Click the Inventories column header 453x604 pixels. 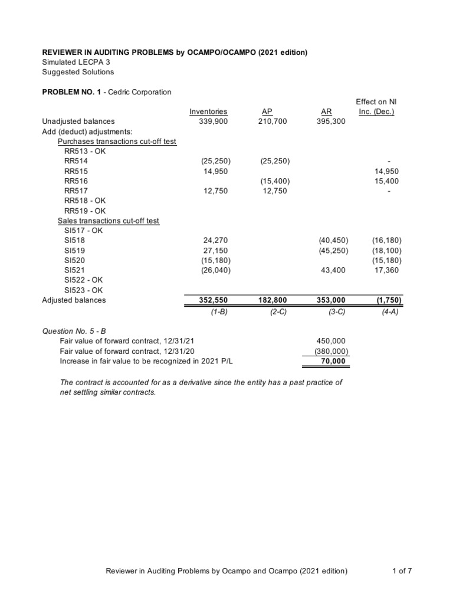(x=208, y=111)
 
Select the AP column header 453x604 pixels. (x=266, y=111)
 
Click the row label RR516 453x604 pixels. (x=76, y=181)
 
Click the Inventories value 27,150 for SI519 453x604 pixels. (x=216, y=251)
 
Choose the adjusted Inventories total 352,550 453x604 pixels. (x=213, y=300)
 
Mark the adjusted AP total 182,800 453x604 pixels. (x=273, y=300)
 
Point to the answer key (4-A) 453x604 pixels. (x=390, y=312)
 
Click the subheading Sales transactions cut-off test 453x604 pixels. (x=108, y=221)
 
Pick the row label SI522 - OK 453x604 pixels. (x=83, y=280)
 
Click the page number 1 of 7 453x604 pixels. (x=401, y=571)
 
